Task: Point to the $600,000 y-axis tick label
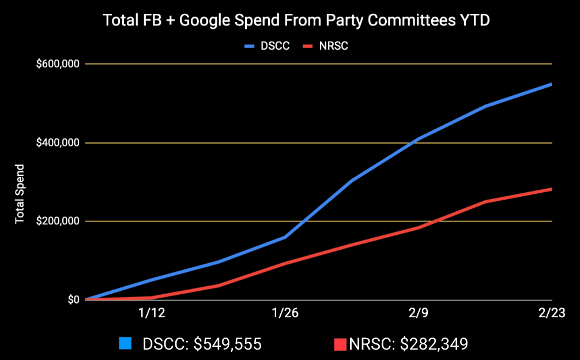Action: tap(57, 64)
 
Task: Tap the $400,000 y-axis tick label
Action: tap(57, 142)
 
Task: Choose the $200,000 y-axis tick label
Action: tap(57, 221)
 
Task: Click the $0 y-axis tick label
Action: tap(73, 300)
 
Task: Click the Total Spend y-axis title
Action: tap(20, 194)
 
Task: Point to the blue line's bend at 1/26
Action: tap(285, 237)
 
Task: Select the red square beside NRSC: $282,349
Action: tap(340, 344)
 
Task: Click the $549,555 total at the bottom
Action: tap(227, 344)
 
